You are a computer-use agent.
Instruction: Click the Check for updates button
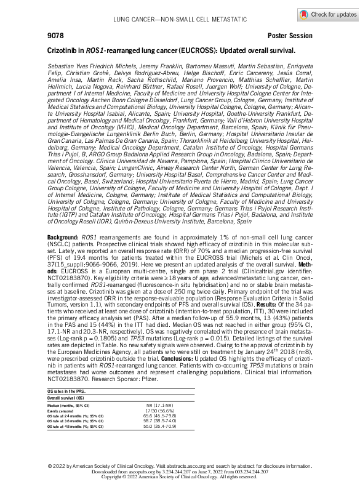tap(327, 14)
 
